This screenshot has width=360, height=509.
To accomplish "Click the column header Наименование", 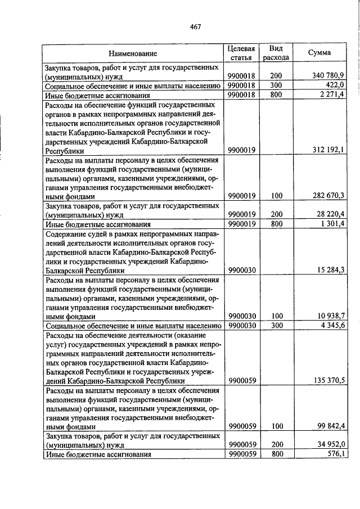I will [133, 53].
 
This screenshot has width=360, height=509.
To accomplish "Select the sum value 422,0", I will [335, 85].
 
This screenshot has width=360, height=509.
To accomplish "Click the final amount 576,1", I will [335, 454].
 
